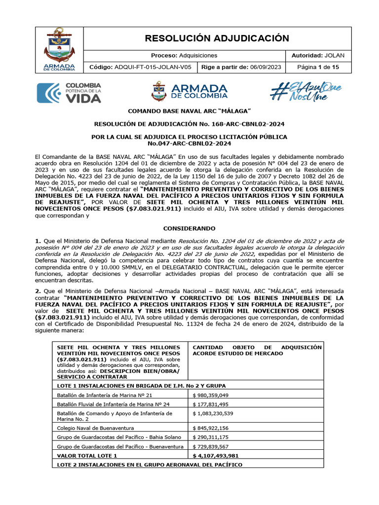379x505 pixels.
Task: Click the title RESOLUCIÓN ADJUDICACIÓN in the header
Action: pyautogui.click(x=217, y=38)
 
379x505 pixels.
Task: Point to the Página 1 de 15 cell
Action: pyautogui.click(x=318, y=67)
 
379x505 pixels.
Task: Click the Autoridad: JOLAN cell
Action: pyautogui.click(x=318, y=55)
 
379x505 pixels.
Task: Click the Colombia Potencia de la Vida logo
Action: pyautogui.click(x=70, y=93)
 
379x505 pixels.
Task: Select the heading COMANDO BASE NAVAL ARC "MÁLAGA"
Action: pyautogui.click(x=190, y=112)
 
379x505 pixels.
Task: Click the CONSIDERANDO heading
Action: pyautogui.click(x=189, y=228)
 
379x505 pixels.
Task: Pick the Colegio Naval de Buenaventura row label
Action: pyautogui.click(x=95, y=428)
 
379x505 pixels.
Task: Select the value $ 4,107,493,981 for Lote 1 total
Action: pyautogui.click(x=216, y=456)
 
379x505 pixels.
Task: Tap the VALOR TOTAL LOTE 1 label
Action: pyautogui.click(x=87, y=456)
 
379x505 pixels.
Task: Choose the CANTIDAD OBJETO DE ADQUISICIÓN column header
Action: pyautogui.click(x=257, y=350)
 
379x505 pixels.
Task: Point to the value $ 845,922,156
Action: pyautogui.click(x=213, y=428)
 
